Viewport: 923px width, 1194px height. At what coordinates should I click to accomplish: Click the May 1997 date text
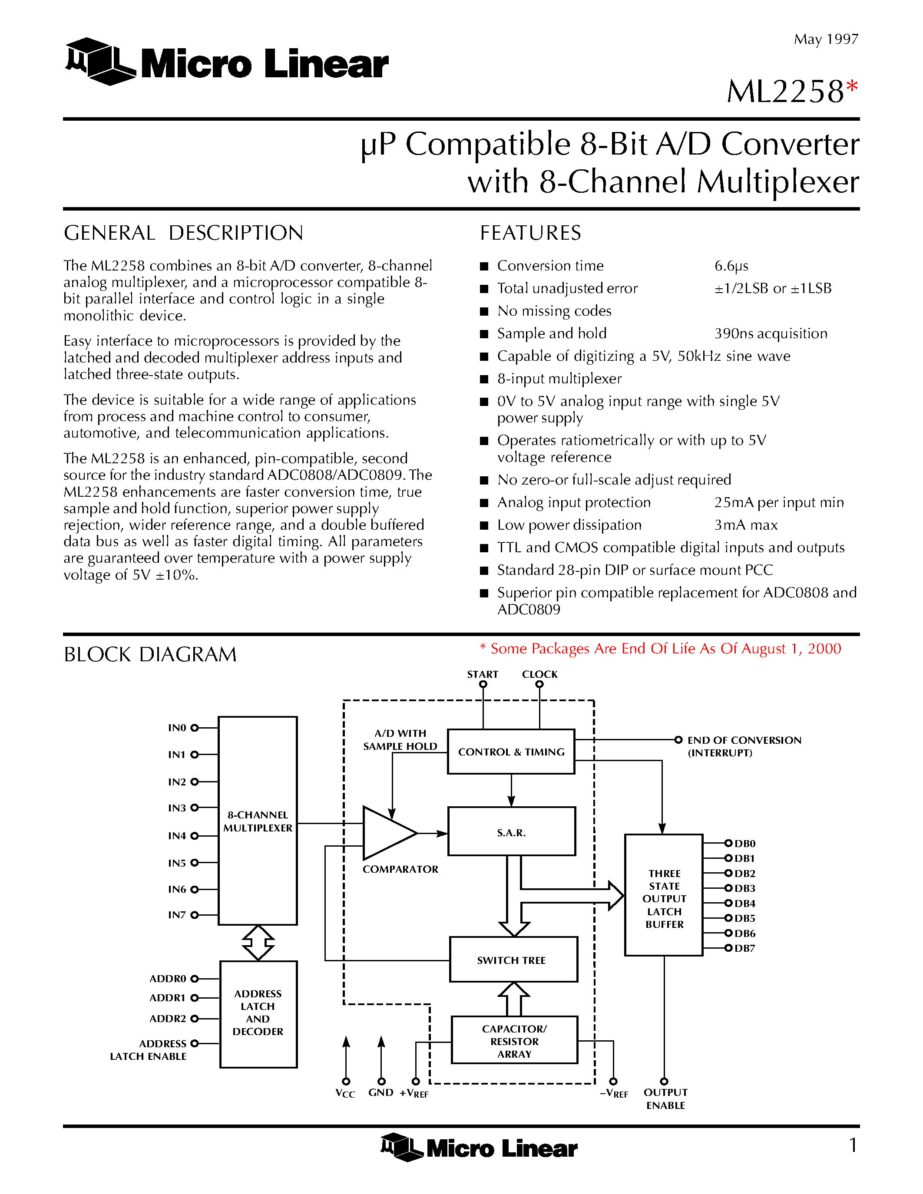826,40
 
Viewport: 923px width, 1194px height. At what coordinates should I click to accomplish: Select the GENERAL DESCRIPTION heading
183,233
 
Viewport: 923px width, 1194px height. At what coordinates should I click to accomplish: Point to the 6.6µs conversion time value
731,266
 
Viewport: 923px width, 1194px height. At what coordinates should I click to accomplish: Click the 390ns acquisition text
771,333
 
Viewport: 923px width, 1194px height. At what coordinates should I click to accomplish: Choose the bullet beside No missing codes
483,312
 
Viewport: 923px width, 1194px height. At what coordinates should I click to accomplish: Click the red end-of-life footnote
660,649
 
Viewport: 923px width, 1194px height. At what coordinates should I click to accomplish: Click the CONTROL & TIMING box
511,752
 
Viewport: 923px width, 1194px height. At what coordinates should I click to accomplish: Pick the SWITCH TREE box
513,960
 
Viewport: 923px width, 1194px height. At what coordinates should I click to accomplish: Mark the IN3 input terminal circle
195,808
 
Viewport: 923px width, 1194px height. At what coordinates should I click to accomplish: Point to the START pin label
482,674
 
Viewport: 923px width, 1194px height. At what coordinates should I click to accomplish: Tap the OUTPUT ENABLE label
665,1099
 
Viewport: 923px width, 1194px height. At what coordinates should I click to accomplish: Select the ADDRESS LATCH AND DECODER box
258,1013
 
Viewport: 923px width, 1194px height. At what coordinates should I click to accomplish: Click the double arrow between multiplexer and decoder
258,943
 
